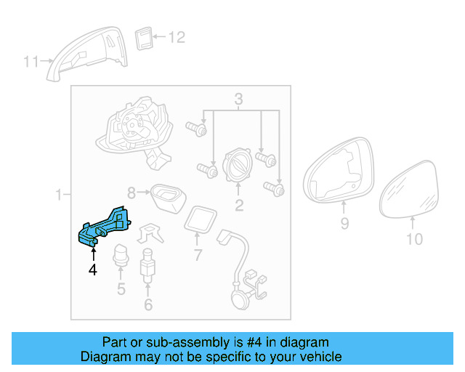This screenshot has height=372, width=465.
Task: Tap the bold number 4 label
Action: point(92,270)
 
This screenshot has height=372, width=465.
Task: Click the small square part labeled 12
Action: point(143,37)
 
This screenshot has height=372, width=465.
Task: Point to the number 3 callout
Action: point(238,99)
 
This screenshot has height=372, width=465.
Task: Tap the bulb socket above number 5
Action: point(121,256)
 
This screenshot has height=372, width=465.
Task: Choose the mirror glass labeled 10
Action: point(411,190)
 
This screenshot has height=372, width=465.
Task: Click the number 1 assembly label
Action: point(59,194)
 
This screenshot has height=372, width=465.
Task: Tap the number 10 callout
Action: point(413,238)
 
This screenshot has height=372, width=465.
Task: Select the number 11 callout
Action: point(31,62)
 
